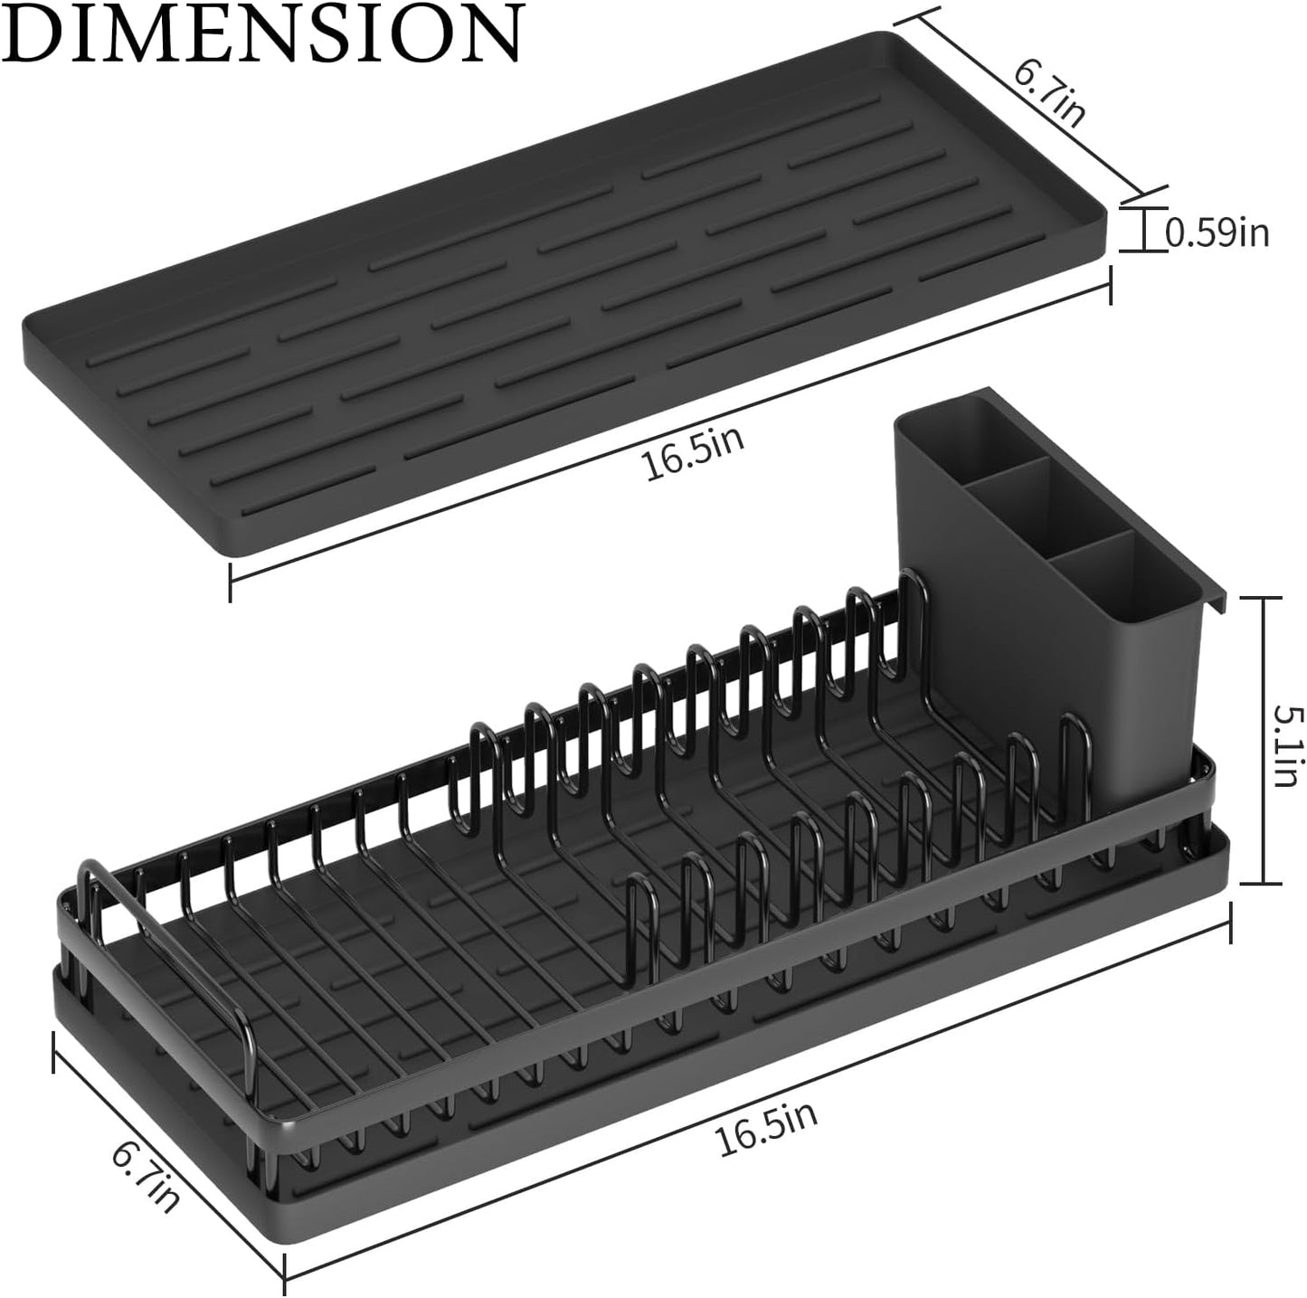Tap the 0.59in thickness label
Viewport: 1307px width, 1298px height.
1217,233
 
